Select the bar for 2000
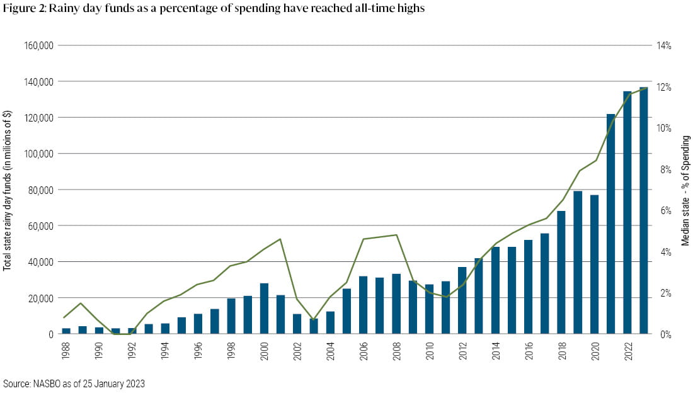click(265, 309)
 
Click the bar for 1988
click(66, 331)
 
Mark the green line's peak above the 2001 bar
click(280, 239)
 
